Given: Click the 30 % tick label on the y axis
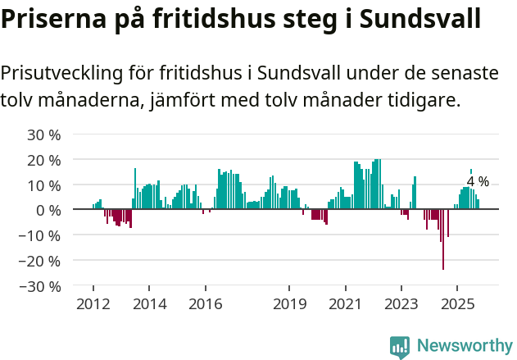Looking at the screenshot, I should pos(44,134).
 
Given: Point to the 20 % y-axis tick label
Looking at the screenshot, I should pos(44,159).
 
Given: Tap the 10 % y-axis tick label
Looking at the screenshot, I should pos(44,185).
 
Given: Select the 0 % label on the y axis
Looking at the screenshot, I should pos(48,210).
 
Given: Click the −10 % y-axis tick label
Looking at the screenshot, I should pos(41,235).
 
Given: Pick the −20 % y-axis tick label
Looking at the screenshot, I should pos(41,261).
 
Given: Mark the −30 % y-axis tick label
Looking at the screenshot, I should pos(41,286).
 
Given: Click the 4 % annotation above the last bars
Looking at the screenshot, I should pos(478,181).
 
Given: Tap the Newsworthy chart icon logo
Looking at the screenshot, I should pos(400,346).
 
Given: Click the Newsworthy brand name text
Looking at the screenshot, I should pos(464,346).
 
